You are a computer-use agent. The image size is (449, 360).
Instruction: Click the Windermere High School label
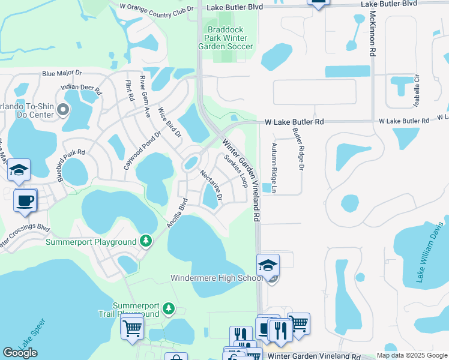point(217,278)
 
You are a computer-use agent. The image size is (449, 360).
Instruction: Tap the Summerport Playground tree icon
point(145,241)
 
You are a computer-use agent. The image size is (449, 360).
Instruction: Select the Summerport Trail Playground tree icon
point(169,308)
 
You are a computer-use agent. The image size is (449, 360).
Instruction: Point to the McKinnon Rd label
point(373,34)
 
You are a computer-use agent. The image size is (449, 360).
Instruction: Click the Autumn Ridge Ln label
point(274,168)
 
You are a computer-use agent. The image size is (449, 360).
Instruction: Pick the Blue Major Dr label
point(62,73)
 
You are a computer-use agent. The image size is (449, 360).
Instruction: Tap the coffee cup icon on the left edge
point(25,200)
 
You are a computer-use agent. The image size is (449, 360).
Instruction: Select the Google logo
point(20,352)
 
